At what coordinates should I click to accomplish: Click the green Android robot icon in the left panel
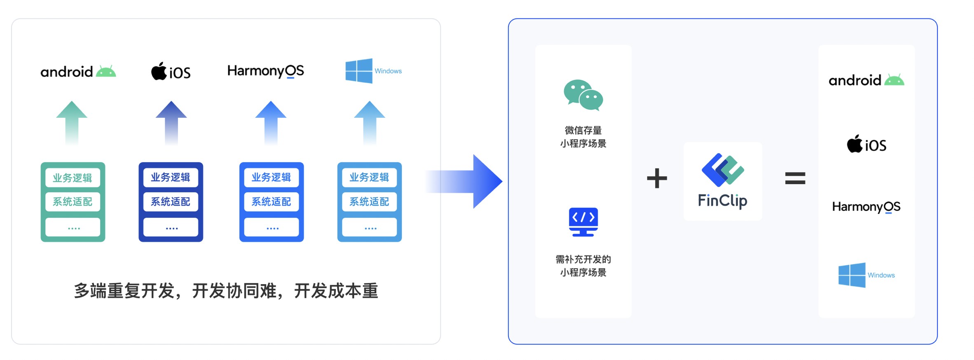pos(106,72)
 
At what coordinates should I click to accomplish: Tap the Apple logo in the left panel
pos(159,71)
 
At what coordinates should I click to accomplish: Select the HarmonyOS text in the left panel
pos(265,71)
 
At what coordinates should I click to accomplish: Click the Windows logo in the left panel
pos(358,71)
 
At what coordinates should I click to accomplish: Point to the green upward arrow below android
pos(72,122)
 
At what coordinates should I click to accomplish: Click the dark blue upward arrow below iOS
pos(171,122)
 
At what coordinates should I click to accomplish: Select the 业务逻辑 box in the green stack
pos(73,178)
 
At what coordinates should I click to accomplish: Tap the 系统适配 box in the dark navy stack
pos(171,202)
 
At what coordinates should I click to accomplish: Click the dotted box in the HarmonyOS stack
pos(272,227)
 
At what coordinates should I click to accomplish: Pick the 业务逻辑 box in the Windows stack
pos(369,178)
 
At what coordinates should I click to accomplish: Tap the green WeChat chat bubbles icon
pos(583,95)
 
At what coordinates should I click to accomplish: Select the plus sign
pos(657,178)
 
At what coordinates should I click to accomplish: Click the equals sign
pos(795,178)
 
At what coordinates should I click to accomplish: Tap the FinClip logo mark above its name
pos(723,170)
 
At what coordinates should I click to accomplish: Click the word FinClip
pos(722,201)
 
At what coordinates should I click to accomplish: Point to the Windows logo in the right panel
pos(852,275)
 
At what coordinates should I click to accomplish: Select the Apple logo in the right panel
pos(855,144)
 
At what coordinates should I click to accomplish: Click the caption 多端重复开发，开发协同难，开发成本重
pos(226,291)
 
